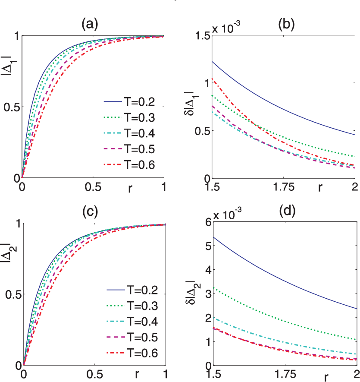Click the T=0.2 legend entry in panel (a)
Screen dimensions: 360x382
[129, 101]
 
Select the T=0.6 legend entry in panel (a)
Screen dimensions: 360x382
[129, 165]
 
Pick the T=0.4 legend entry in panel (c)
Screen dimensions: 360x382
[132, 322]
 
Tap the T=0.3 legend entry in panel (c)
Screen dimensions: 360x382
[132, 306]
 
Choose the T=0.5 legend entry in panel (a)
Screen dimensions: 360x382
[129, 149]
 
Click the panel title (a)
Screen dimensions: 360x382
[90, 25]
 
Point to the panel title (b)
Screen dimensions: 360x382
[286, 25]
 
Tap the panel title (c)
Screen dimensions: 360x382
[90, 212]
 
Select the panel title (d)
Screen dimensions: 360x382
[287, 211]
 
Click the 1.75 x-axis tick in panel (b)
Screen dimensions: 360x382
[284, 187]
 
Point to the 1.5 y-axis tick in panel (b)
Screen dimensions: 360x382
[203, 36]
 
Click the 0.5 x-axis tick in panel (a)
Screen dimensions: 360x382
[93, 187]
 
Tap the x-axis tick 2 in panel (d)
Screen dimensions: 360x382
[356, 374]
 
